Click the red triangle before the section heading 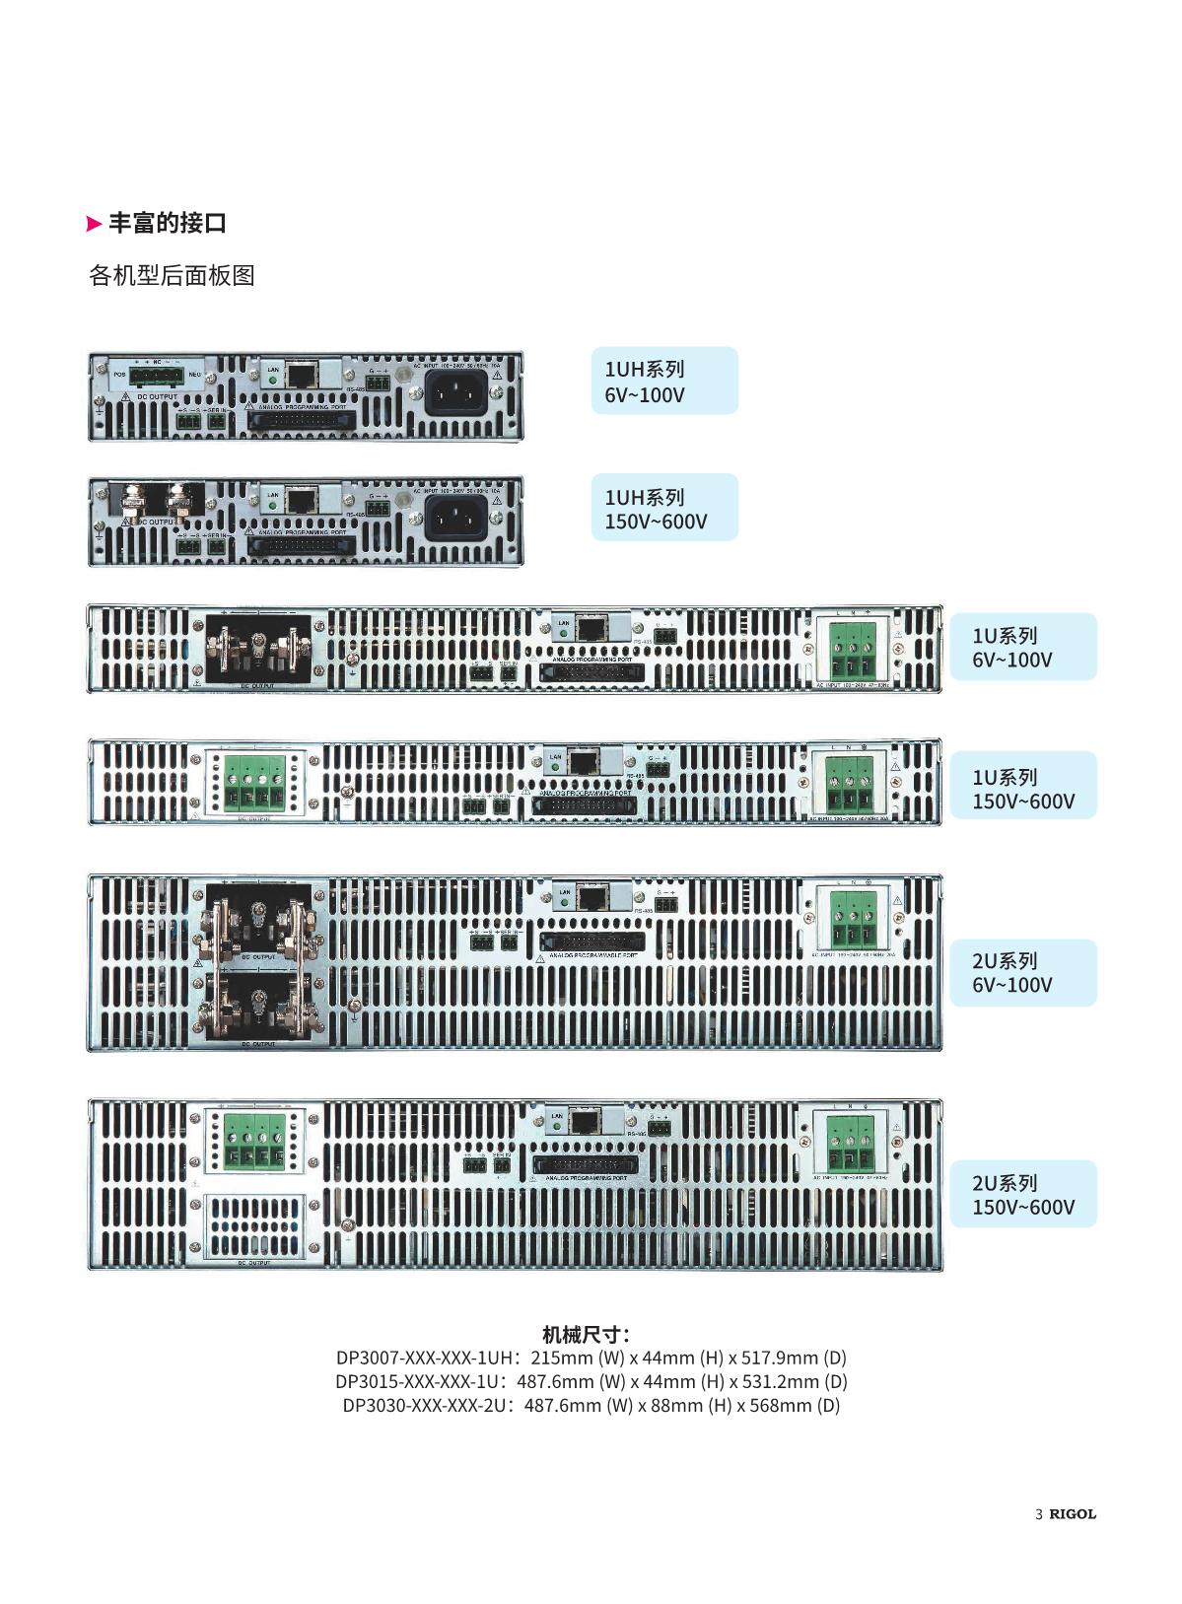click(95, 224)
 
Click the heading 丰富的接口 click(167, 223)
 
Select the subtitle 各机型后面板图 click(172, 275)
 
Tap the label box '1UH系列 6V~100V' click(663, 381)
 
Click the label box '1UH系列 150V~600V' click(663, 508)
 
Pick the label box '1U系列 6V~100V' click(1022, 647)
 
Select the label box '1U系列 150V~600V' click(1022, 788)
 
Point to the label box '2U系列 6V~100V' click(1022, 972)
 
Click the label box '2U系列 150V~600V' click(1022, 1194)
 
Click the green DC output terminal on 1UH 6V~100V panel click(156, 377)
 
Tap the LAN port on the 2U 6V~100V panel click(591, 897)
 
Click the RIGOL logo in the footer click(1072, 1513)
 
